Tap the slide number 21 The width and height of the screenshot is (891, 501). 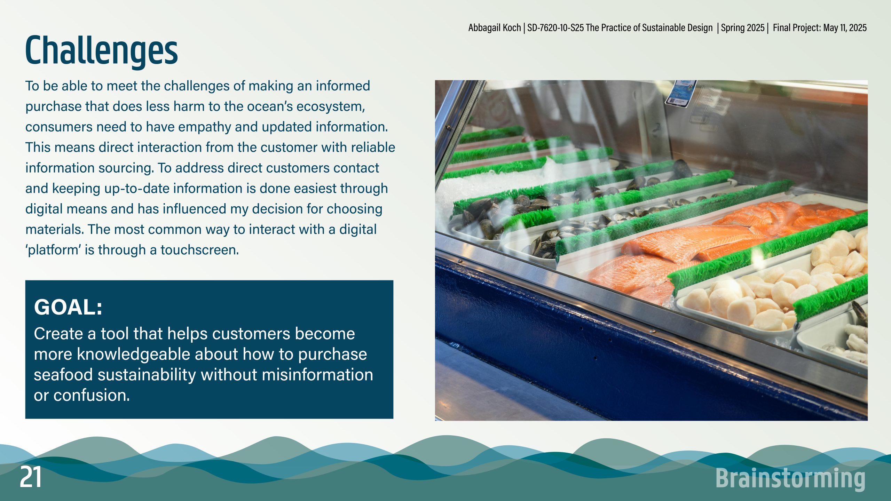point(31,477)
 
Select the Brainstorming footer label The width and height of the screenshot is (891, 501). point(790,479)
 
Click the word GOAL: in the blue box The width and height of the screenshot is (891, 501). point(68,307)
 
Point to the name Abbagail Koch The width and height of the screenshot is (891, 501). point(494,27)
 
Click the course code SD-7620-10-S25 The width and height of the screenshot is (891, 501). point(555,27)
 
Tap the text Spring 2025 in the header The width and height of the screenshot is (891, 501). point(743,27)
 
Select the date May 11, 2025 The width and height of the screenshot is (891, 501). point(845,27)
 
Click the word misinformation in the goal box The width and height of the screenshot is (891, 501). point(317,375)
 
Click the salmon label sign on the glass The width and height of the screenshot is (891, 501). point(681,93)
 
